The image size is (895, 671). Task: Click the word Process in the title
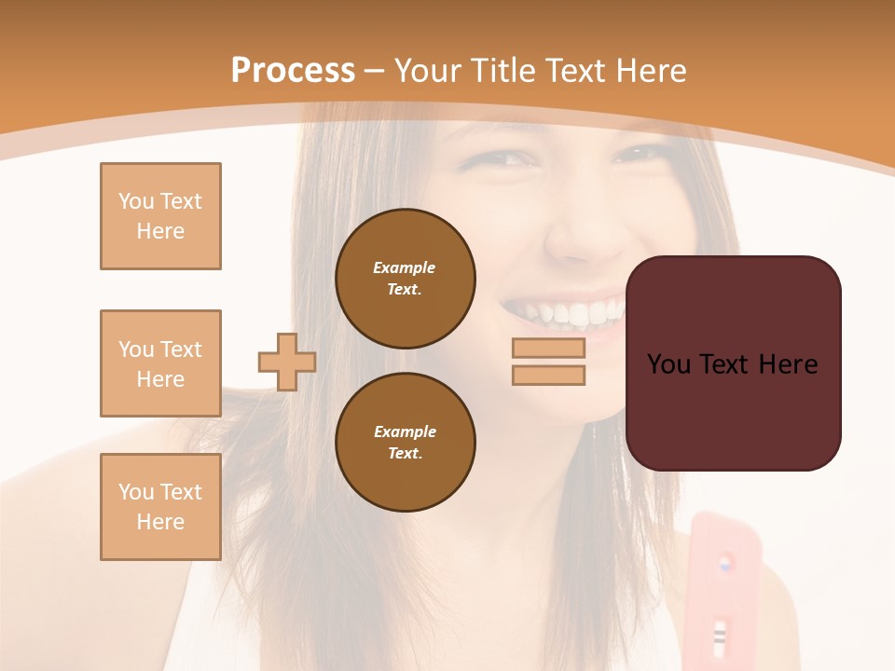[x=293, y=71]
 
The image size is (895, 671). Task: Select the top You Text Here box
[x=160, y=216]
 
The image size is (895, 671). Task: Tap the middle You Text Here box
[x=160, y=363]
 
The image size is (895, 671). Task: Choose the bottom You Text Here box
[x=160, y=507]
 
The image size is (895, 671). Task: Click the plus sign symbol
[x=287, y=362]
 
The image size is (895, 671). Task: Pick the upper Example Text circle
[x=406, y=278]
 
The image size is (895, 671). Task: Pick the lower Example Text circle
[x=406, y=442]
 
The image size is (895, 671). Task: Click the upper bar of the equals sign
[x=548, y=349]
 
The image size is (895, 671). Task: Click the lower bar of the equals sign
[x=548, y=375]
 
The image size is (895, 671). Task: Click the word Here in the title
[x=652, y=71]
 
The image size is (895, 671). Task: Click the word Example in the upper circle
[x=405, y=267]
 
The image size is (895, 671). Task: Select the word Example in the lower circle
[x=405, y=431]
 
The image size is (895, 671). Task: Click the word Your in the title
[x=428, y=71]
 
